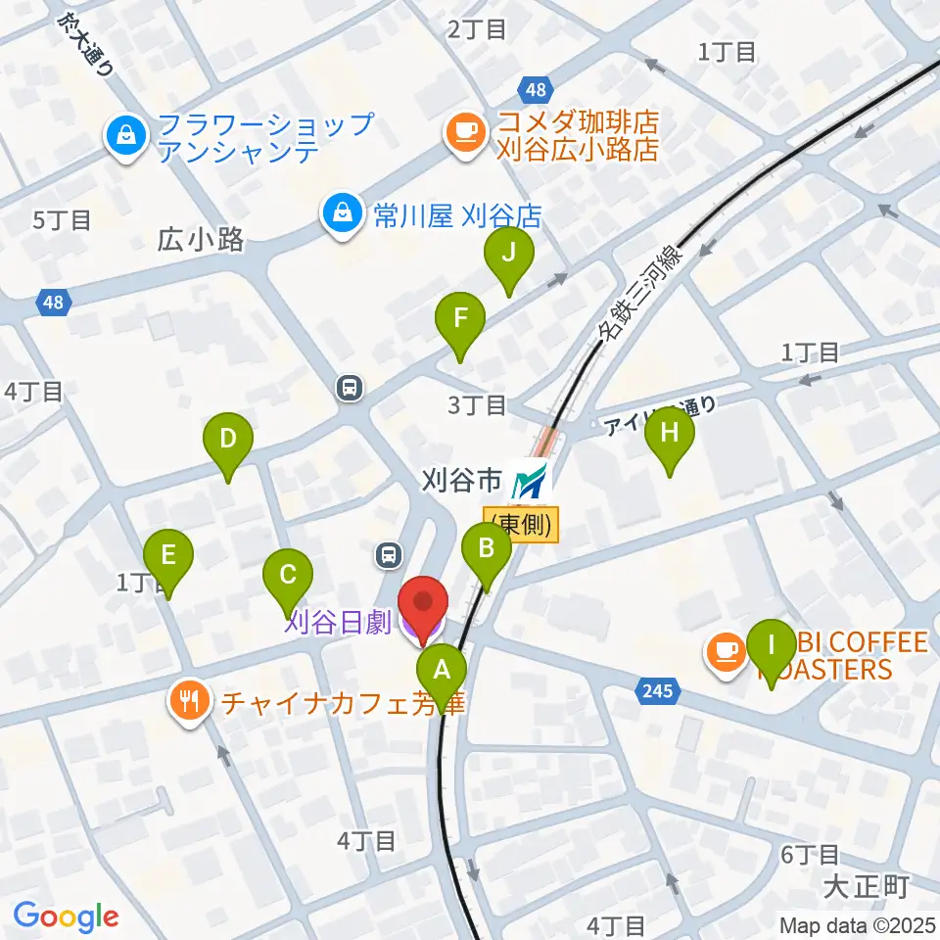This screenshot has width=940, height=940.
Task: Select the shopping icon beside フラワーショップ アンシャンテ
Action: click(126, 136)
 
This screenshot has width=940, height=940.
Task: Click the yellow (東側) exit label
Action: click(521, 524)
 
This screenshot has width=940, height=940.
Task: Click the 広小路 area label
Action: click(200, 241)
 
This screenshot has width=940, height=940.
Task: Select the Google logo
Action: click(67, 916)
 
